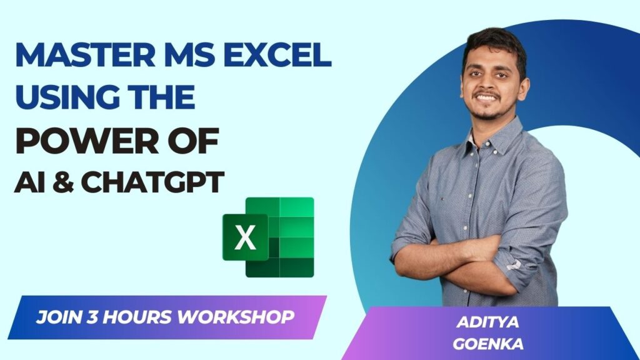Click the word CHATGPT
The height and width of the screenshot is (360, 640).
[x=153, y=182]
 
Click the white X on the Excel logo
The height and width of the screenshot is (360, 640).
[x=245, y=238]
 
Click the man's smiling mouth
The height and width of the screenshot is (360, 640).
[x=487, y=97]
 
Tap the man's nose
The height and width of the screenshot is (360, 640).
[x=485, y=83]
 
